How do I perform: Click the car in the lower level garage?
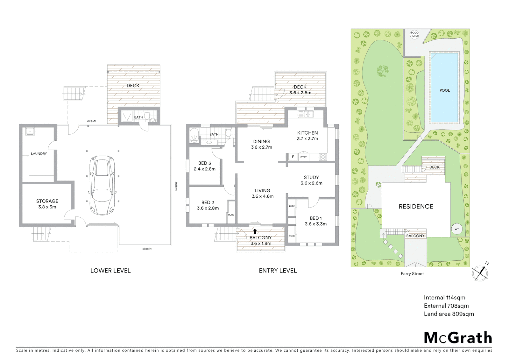tap(102, 185)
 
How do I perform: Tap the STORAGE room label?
tap(47, 204)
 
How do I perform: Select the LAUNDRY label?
tap(39, 154)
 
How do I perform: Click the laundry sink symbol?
tap(30, 131)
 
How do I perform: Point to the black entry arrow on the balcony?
tap(255, 231)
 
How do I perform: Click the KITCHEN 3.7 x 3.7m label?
tap(307, 135)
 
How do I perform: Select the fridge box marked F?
tap(293, 157)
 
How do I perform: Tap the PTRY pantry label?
tap(303, 157)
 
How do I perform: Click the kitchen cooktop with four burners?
tap(322, 157)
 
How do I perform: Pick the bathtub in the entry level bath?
tap(194, 136)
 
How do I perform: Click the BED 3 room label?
tap(204, 166)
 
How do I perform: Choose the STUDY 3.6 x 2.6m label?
tap(311, 180)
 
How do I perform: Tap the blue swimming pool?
tap(444, 88)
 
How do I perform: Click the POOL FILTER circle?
tap(414, 35)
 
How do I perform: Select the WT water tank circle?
tap(456, 229)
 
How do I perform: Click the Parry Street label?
tap(412, 274)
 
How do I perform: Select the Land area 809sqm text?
tap(448, 314)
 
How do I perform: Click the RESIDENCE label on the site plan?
tap(416, 206)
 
